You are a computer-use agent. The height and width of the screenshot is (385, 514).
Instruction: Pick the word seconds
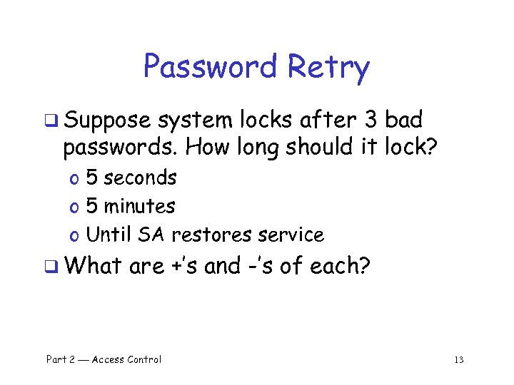[x=141, y=178]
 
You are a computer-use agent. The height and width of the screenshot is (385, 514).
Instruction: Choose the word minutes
[x=139, y=207]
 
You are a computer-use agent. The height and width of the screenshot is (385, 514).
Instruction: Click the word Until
[x=110, y=235]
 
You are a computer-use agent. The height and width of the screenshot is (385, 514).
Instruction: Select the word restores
[x=215, y=235]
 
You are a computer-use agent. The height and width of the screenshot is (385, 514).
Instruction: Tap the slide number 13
[x=458, y=360]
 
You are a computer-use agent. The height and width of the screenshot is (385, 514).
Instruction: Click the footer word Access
[x=109, y=359]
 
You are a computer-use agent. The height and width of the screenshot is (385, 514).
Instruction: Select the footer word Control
[x=145, y=359]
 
